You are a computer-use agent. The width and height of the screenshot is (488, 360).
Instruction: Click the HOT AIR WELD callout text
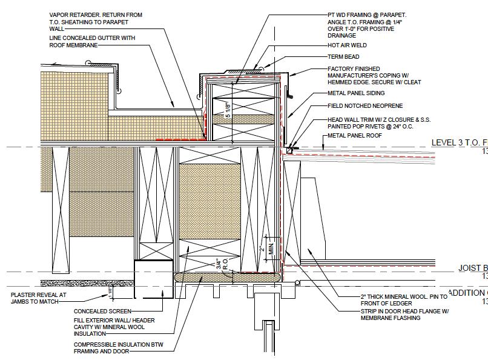pos(347,45)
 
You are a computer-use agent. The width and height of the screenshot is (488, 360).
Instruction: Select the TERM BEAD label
pos(343,57)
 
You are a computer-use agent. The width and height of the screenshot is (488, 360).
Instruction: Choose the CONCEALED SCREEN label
pos(102,312)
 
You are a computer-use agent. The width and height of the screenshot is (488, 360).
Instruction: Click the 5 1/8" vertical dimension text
pos(228,110)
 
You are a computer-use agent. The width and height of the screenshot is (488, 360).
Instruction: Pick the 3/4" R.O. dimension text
pos(221,264)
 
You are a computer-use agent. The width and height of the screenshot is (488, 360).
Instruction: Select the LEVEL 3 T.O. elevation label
pos(458,143)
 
